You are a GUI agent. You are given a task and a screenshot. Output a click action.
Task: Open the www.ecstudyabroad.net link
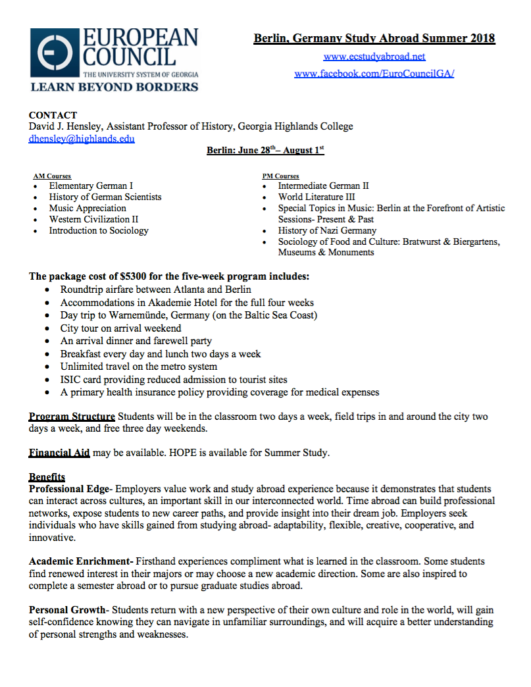374,57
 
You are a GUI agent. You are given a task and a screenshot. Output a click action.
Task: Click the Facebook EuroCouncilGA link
374,73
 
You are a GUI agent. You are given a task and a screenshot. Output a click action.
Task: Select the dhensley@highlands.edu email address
82,138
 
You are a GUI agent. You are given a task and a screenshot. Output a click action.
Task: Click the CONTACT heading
53,115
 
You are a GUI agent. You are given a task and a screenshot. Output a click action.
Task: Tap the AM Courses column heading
52,176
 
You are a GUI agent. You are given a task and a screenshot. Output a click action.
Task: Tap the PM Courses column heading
280,176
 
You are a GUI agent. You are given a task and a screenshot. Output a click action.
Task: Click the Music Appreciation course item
88,208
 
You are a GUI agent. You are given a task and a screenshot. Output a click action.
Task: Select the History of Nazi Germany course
327,230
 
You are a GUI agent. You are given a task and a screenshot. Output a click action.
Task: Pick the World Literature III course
316,197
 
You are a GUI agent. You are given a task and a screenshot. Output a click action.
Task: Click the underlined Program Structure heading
72,417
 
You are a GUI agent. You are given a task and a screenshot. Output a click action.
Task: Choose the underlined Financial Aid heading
59,453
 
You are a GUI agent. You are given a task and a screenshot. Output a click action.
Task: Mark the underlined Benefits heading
47,476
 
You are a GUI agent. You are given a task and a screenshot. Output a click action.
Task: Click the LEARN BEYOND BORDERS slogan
114,86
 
